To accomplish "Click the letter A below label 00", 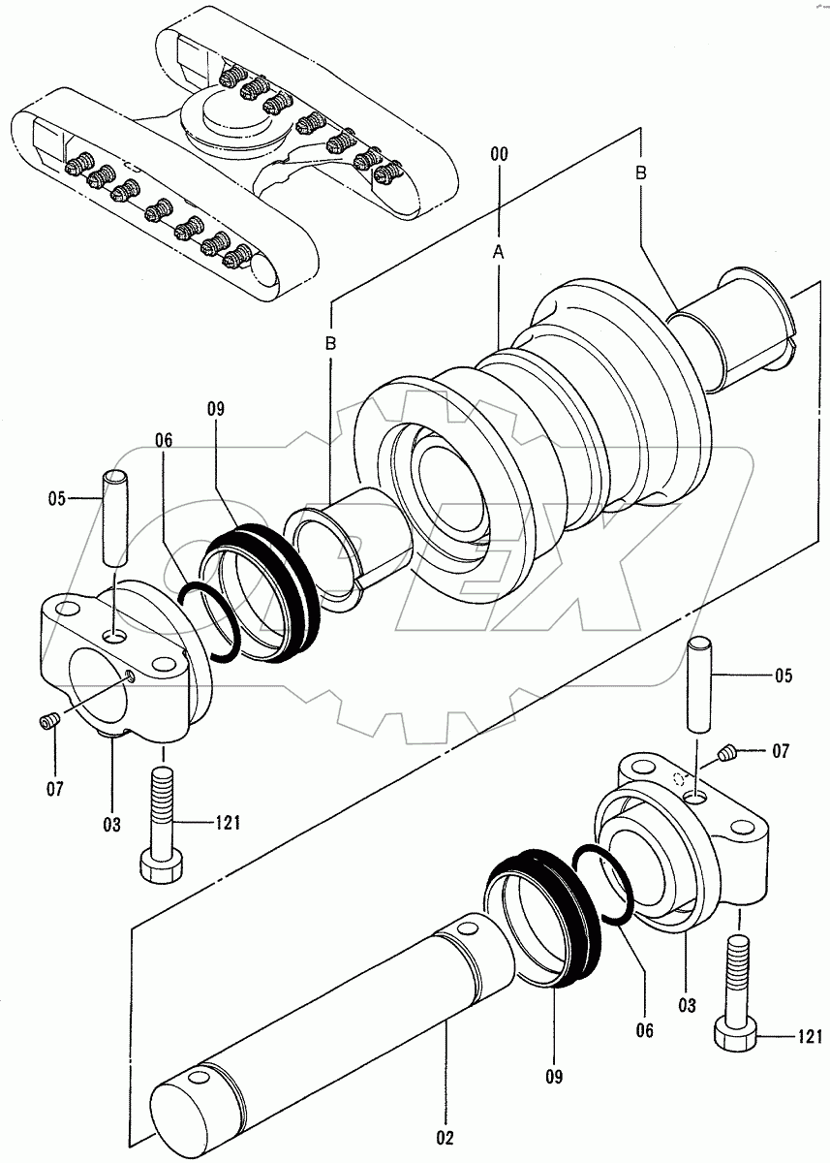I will (498, 251).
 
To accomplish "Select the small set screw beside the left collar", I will (48, 720).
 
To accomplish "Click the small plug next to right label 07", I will (728, 751).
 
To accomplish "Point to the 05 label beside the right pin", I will (783, 676).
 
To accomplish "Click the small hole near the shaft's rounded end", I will (199, 1079).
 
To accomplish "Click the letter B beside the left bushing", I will (330, 343).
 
